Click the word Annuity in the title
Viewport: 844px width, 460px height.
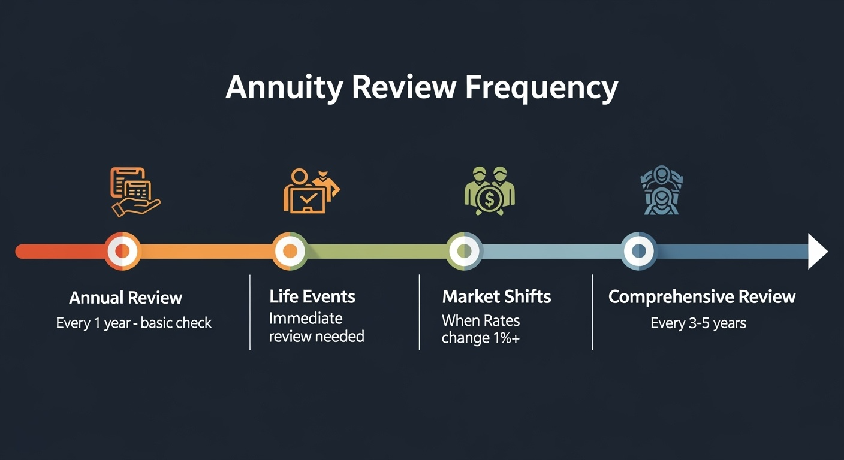point(284,88)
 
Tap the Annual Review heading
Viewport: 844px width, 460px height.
point(125,298)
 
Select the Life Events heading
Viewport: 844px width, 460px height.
point(312,296)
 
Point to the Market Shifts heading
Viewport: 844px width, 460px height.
point(496,296)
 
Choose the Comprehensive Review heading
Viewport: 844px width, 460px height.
point(701,297)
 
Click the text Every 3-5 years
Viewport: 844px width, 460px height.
point(698,323)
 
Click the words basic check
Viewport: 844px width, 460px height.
point(176,323)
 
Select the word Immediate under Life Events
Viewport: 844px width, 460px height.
point(306,319)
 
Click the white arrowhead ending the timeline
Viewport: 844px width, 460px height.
point(818,251)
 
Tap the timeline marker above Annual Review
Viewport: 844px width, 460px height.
point(122,251)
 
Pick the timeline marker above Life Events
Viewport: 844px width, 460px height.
point(290,251)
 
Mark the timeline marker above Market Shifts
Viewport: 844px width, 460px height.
point(464,251)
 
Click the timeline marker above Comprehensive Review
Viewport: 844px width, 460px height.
point(638,251)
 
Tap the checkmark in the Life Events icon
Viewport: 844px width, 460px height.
point(308,197)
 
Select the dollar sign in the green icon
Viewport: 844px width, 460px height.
point(490,199)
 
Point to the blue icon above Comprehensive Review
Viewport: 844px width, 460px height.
point(662,190)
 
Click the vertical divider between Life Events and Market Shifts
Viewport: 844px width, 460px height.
point(420,313)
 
